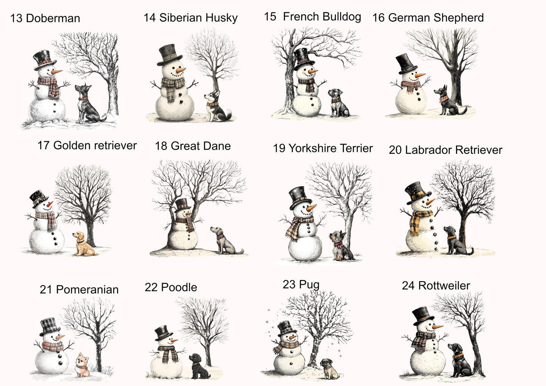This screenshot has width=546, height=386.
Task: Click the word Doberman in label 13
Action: pyautogui.click(x=53, y=18)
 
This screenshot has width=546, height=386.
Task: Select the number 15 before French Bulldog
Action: pyautogui.click(x=270, y=17)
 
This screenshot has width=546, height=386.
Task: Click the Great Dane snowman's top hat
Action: pyautogui.click(x=183, y=205)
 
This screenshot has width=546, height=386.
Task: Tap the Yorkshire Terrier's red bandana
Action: pyautogui.click(x=338, y=245)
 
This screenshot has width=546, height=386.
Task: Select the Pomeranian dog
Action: pyautogui.click(x=82, y=365)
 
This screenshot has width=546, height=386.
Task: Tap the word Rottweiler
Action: pyautogui.click(x=444, y=286)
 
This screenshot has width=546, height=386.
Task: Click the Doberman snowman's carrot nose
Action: pyautogui.click(x=57, y=72)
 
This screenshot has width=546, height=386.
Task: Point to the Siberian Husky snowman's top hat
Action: pyautogui.click(x=169, y=55)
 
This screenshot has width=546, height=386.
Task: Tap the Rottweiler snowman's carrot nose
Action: pyautogui.click(x=438, y=327)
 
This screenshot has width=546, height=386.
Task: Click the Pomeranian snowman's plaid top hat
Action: pyautogui.click(x=50, y=327)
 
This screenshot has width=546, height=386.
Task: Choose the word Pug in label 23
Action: pyautogui.click(x=309, y=285)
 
